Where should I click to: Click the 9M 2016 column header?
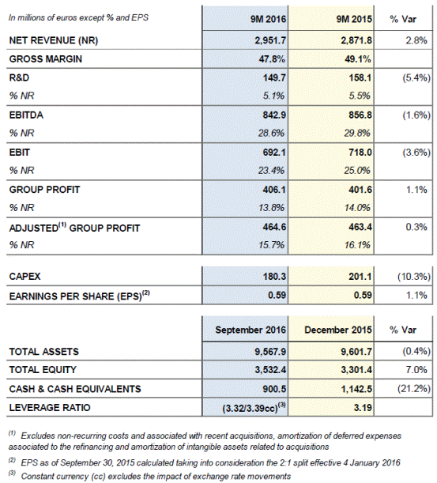[x=268, y=20]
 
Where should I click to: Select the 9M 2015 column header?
[x=354, y=20]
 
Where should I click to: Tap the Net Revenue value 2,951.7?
[x=270, y=40]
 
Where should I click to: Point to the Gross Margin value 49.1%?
[x=357, y=58]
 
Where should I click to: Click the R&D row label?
[x=19, y=77]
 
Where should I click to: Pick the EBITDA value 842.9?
[x=274, y=115]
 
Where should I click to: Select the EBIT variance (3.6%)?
[x=416, y=153]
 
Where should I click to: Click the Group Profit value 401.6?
[x=360, y=190]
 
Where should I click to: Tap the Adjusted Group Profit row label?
[x=74, y=228]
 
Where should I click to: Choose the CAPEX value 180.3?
[x=274, y=277]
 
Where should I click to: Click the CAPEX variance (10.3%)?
[x=414, y=277]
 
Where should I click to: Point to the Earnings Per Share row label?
[x=80, y=296]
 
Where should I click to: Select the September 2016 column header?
[x=251, y=330]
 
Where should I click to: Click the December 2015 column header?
[x=338, y=330]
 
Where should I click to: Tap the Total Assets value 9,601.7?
[x=356, y=352]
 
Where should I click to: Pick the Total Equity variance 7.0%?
[x=416, y=370]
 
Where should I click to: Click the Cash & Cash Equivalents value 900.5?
[x=274, y=389]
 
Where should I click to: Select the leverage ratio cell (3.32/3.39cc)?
[x=254, y=408]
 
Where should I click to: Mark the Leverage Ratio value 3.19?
[x=363, y=408]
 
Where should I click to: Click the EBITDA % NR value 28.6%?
[x=271, y=133]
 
